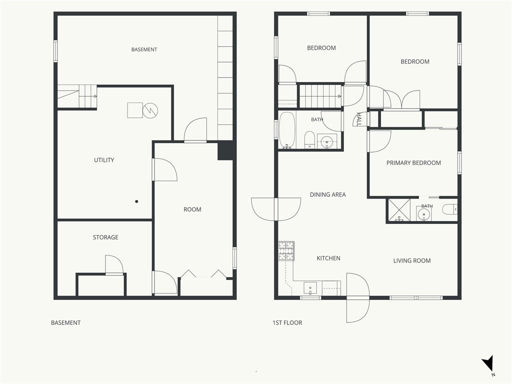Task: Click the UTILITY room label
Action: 104,160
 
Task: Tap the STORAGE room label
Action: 105,237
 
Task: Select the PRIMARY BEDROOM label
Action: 413,163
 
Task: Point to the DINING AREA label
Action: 327,194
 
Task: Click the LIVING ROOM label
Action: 412,260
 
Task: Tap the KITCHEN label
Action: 328,258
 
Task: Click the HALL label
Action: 359,119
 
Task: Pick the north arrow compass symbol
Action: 488,364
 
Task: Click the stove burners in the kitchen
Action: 286,251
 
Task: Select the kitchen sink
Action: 310,288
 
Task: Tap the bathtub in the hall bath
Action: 287,130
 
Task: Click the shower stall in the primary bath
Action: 398,210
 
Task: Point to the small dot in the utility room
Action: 136,201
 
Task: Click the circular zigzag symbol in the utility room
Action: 150,110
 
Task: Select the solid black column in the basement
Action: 225,150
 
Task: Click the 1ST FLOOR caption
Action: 287,323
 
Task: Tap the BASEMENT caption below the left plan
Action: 65,323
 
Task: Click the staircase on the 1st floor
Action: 320,96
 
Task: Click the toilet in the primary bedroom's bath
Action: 450,209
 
